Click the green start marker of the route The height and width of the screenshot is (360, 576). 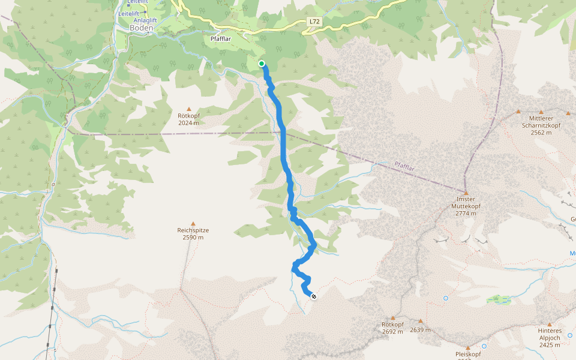(262, 64)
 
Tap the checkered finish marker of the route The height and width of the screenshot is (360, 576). (313, 295)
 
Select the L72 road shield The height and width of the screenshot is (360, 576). (314, 22)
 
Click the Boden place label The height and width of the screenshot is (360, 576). (142, 28)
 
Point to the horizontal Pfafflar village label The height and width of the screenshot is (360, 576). (221, 39)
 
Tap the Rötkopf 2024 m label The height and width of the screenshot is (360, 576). (188, 119)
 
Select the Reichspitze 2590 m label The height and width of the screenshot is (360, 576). (193, 233)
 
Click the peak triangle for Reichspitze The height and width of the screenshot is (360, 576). (193, 223)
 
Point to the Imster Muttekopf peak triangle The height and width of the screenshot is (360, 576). (466, 193)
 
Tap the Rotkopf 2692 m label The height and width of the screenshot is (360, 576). (393, 328)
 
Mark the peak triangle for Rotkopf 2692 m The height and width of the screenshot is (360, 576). (393, 318)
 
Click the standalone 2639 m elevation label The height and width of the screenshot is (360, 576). (421, 329)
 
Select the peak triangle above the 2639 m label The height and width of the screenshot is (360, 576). (421, 321)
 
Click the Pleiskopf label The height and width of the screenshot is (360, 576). (467, 355)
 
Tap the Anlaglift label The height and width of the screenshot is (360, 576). (145, 20)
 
